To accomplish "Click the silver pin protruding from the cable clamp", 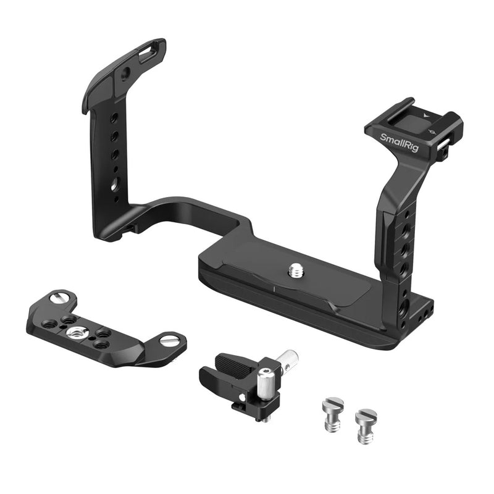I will pos(288,359).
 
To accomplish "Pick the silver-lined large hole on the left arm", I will pos(115,184).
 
